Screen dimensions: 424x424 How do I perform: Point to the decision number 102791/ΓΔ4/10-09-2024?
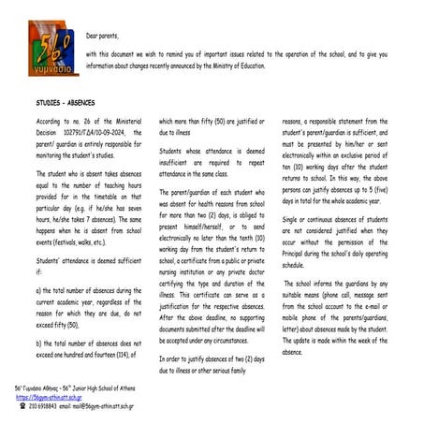coord(94,132)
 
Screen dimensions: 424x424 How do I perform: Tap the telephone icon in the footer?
coord(22,407)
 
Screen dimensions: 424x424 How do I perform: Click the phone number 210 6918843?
coord(43,407)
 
